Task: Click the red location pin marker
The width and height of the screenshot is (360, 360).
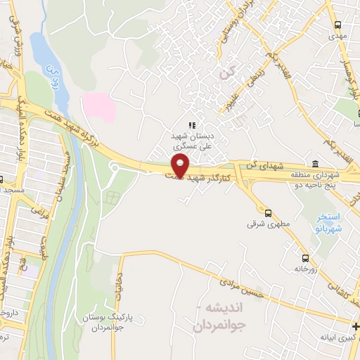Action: pyautogui.click(x=181, y=166)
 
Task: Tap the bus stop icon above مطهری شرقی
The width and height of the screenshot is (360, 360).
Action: pyautogui.click(x=268, y=212)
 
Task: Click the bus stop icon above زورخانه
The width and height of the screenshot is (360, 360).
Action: pyautogui.click(x=305, y=258)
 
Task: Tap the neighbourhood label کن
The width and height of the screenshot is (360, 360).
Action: pyautogui.click(x=225, y=72)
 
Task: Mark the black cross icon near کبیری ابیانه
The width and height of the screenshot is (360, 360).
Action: pyautogui.click(x=354, y=325)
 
